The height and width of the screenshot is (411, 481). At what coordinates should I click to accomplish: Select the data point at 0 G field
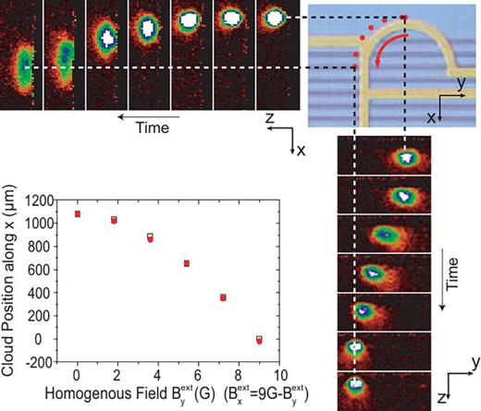click(x=78, y=213)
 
